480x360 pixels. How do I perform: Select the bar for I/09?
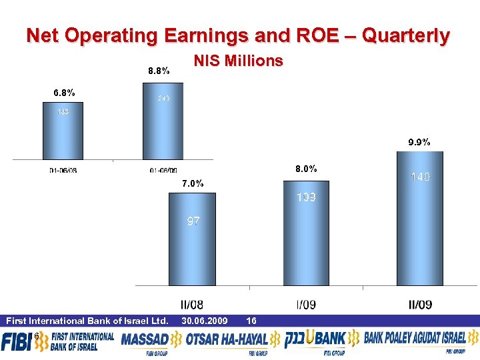[306, 233]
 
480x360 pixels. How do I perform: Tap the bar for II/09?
[419, 220]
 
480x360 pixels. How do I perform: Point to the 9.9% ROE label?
[419, 142]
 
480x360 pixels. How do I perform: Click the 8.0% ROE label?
[305, 169]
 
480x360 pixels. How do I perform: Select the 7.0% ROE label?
[192, 183]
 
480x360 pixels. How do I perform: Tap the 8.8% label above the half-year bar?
[159, 70]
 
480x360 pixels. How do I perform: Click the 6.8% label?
[64, 92]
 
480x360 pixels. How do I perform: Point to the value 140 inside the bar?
[420, 177]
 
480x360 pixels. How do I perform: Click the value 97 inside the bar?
[192, 221]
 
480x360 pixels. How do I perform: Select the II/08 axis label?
[192, 305]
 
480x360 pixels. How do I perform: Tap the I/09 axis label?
[305, 305]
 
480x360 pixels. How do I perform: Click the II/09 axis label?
[419, 305]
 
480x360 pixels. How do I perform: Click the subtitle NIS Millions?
[238, 61]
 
